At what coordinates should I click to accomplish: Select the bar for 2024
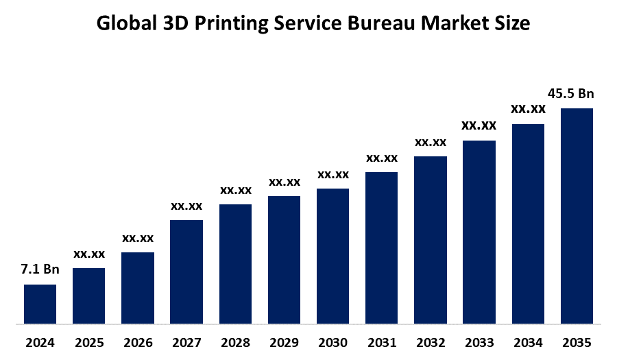pos(40,303)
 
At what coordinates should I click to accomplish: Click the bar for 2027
pos(186,271)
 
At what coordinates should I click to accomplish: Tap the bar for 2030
pos(332,255)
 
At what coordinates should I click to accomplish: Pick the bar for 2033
pos(479,231)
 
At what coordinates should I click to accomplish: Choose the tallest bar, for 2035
pos(577,215)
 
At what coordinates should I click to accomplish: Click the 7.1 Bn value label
pos(40,269)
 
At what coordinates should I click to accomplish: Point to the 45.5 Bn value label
pos(570,93)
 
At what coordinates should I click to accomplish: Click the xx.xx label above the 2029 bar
pos(284,182)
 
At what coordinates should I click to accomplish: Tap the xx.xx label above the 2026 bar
pos(138,238)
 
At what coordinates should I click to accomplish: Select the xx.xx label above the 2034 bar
pos(528,109)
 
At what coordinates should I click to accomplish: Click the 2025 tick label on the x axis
pos(89,342)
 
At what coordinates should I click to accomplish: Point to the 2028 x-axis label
pos(235,342)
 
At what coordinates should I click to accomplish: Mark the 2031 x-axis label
pos(382,342)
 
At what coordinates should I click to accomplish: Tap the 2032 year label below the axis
pos(431,342)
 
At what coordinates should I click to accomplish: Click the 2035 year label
pos(577,342)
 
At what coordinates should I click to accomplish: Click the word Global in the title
pos(125,23)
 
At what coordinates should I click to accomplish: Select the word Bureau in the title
pos(380,23)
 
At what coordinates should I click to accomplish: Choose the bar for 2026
pos(138,287)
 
